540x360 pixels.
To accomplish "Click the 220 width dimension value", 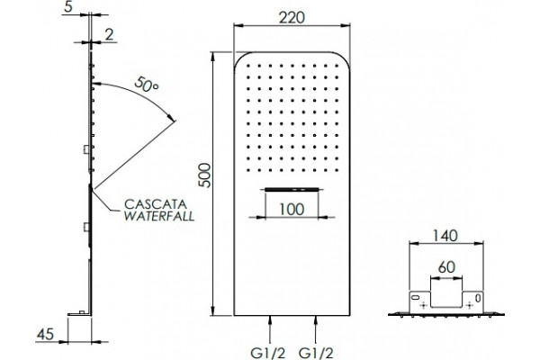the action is point(292,17).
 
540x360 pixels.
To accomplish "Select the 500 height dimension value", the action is point(205,175).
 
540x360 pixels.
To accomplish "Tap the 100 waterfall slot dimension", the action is point(292,209).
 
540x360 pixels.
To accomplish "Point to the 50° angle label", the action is point(146,84).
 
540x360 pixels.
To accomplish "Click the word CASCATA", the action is point(156,204).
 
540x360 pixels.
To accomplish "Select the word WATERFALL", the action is point(159,216).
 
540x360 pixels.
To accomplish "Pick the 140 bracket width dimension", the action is point(445,236).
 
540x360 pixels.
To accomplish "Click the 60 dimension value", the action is point(446,267).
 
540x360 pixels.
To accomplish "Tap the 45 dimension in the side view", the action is point(46,334).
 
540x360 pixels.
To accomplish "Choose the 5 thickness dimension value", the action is point(68,7).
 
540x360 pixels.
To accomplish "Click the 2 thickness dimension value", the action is point(109,34).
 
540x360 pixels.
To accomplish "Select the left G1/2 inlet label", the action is point(268,353).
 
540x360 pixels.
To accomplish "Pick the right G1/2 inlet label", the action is point(316,353).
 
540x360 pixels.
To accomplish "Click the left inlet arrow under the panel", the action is point(270,329).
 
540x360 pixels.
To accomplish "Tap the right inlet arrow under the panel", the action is point(316,329).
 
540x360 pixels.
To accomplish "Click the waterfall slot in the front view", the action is point(292,189).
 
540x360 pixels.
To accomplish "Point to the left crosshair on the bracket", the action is point(424,305).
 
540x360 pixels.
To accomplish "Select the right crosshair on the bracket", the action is point(469,305).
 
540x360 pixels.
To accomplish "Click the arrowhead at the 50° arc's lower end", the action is point(171,117).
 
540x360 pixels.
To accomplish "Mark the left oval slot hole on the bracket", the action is point(416,297).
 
